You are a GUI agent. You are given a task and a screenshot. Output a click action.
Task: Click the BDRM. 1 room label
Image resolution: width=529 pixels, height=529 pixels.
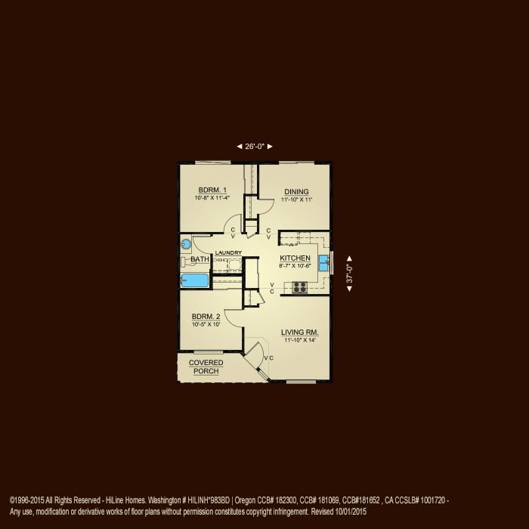pos(213,190)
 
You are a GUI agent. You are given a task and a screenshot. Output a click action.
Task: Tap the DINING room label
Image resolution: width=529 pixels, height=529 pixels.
pos(296,191)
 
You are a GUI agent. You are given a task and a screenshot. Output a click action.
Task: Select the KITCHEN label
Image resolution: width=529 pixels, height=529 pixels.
pos(295,258)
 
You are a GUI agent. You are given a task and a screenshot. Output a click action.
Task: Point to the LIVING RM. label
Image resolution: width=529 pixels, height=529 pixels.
pos(300,332)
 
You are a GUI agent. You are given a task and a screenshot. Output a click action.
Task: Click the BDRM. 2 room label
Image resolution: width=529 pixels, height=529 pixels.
pos(206,316)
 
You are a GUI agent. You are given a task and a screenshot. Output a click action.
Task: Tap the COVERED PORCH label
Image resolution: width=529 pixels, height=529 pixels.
pos(206,367)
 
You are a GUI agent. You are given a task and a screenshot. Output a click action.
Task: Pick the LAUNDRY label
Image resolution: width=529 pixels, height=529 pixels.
pos(228,253)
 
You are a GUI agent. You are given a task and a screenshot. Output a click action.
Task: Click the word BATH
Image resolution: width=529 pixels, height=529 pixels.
pos(200,260)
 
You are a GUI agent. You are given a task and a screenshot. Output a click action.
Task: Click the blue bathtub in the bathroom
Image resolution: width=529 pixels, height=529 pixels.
pos(195,281)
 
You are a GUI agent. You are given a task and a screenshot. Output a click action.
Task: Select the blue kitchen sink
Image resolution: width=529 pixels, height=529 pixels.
pos(323,263)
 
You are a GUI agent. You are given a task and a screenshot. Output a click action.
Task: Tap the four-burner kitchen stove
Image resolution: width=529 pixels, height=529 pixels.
pos(300,287)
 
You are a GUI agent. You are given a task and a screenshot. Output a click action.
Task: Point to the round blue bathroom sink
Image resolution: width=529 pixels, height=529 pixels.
pos(186,243)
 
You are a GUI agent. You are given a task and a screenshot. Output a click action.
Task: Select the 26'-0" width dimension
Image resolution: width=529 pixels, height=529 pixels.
pos(255,147)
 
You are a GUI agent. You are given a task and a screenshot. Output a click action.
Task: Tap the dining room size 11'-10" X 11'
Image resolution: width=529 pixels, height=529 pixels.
pos(296,200)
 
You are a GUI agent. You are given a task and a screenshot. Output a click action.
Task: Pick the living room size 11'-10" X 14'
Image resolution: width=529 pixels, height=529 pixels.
pos(300,340)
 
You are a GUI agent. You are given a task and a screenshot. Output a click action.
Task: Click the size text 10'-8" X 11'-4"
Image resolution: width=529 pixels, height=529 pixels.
pos(213,198)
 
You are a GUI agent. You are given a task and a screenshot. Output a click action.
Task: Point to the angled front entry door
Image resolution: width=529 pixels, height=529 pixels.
pos(258,359)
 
